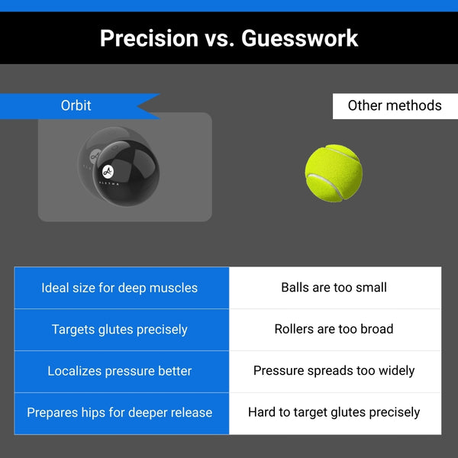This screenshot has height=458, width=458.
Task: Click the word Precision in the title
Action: (x=150, y=38)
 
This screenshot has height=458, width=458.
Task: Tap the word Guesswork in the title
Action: (x=300, y=38)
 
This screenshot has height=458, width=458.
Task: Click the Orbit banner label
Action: (x=76, y=105)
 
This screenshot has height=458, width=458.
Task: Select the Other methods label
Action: (x=395, y=106)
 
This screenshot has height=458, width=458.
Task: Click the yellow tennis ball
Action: (x=334, y=173)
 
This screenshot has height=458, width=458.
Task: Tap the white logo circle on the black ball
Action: (x=108, y=172)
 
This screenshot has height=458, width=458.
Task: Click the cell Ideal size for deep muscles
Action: (x=121, y=288)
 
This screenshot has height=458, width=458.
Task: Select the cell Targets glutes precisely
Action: (x=121, y=330)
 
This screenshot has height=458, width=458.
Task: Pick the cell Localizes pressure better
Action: (x=121, y=372)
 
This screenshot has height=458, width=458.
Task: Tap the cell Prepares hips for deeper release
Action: (x=121, y=413)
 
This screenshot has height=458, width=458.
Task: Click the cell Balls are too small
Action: (x=335, y=288)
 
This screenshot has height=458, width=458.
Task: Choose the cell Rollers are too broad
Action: (x=335, y=330)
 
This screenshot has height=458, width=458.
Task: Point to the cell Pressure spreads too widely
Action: (x=335, y=372)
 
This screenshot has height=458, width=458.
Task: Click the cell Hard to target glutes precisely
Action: (x=335, y=413)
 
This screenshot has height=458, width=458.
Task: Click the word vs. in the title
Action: (x=220, y=40)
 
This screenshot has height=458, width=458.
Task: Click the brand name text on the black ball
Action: (x=109, y=183)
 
